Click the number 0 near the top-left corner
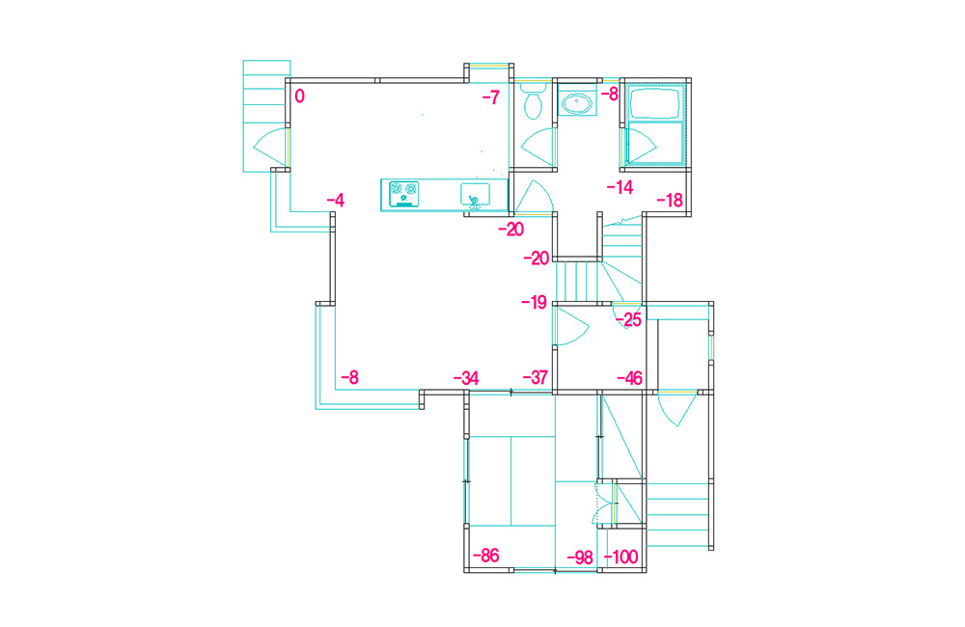(300, 96)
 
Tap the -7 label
(490, 97)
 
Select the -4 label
(336, 200)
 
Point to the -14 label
(620, 187)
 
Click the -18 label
(670, 200)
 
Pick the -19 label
(535, 302)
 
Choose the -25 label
(628, 319)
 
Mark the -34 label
(466, 378)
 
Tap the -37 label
(536, 378)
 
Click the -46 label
(629, 378)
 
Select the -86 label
(485, 556)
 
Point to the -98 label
(580, 558)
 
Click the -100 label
(620, 558)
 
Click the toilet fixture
(533, 101)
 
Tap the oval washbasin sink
(577, 103)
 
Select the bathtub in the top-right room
(655, 104)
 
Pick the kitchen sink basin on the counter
(475, 195)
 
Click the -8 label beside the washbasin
(609, 95)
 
